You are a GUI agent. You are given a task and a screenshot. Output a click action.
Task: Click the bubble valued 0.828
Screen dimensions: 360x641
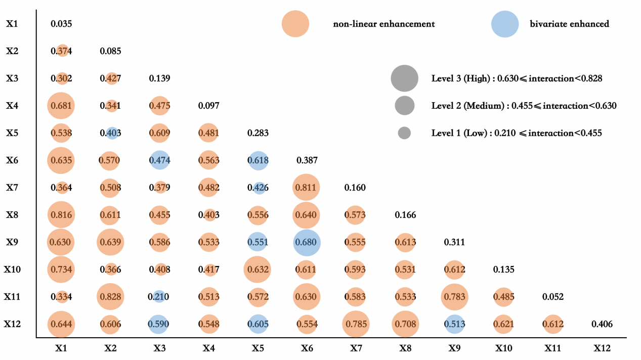tap(110, 297)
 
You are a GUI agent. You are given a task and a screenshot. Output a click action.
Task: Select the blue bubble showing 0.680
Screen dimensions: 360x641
tap(307, 242)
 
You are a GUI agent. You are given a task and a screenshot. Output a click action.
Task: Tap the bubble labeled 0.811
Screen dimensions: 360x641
tap(307, 188)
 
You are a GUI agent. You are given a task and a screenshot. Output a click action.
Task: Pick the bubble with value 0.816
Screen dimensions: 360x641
tap(61, 215)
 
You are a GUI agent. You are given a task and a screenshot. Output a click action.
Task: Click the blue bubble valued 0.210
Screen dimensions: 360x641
tap(159, 297)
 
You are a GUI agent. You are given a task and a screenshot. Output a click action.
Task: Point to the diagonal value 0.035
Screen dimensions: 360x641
tap(61, 23)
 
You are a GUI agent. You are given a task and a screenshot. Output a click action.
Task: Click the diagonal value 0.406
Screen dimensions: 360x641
tap(602, 324)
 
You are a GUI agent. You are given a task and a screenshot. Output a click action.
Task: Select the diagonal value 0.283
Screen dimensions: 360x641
tap(258, 133)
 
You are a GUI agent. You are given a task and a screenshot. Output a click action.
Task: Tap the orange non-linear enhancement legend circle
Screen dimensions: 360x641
tap(295, 24)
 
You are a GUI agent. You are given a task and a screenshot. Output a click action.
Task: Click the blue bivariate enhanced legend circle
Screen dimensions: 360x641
tap(505, 24)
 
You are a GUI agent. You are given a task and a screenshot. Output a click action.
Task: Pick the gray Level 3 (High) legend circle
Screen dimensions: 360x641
tap(404, 78)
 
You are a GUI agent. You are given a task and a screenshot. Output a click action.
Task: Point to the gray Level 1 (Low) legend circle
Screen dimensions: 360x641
tap(404, 133)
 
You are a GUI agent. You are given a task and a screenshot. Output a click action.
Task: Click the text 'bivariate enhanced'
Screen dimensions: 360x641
tap(569, 24)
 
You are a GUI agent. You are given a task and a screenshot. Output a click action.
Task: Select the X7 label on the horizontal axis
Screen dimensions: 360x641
tap(356, 348)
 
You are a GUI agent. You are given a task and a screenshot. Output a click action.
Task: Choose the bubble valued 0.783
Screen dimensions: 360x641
tap(454, 297)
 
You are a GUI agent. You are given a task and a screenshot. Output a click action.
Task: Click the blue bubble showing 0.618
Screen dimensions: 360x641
tap(258, 160)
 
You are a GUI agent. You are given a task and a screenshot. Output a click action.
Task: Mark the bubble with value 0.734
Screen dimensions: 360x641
tap(61, 269)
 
